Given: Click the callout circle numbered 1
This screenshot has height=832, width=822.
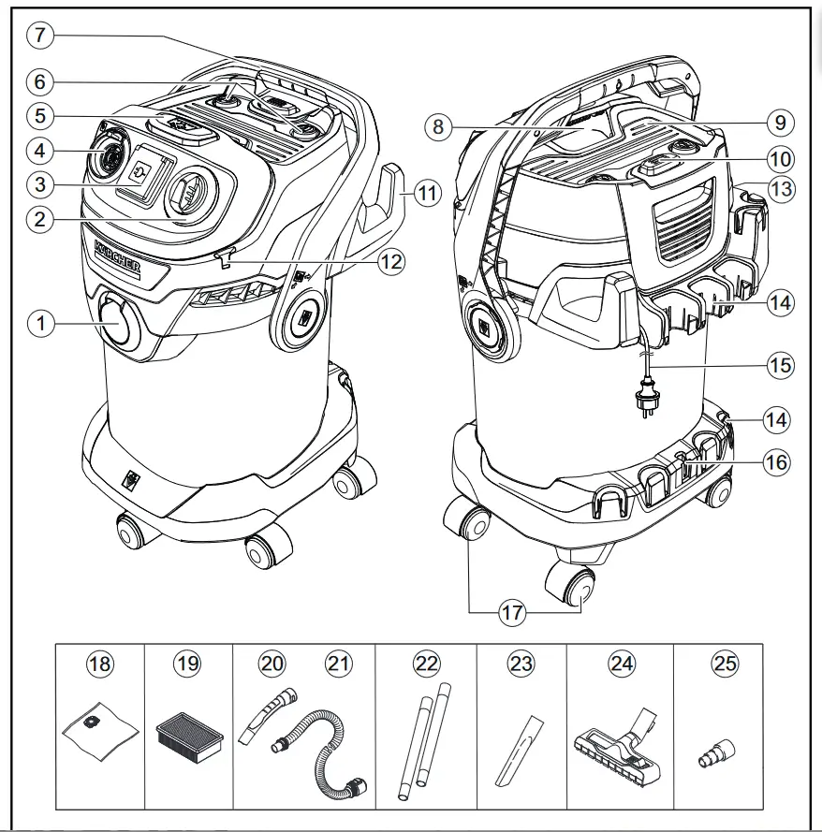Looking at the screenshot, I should [x=40, y=324].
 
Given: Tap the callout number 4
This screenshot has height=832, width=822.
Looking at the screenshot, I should [x=40, y=149].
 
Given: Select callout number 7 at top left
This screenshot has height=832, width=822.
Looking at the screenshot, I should [x=40, y=36].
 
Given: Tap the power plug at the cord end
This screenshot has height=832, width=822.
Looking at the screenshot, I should [x=644, y=404].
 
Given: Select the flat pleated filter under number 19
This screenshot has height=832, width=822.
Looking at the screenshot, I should [x=190, y=733].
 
